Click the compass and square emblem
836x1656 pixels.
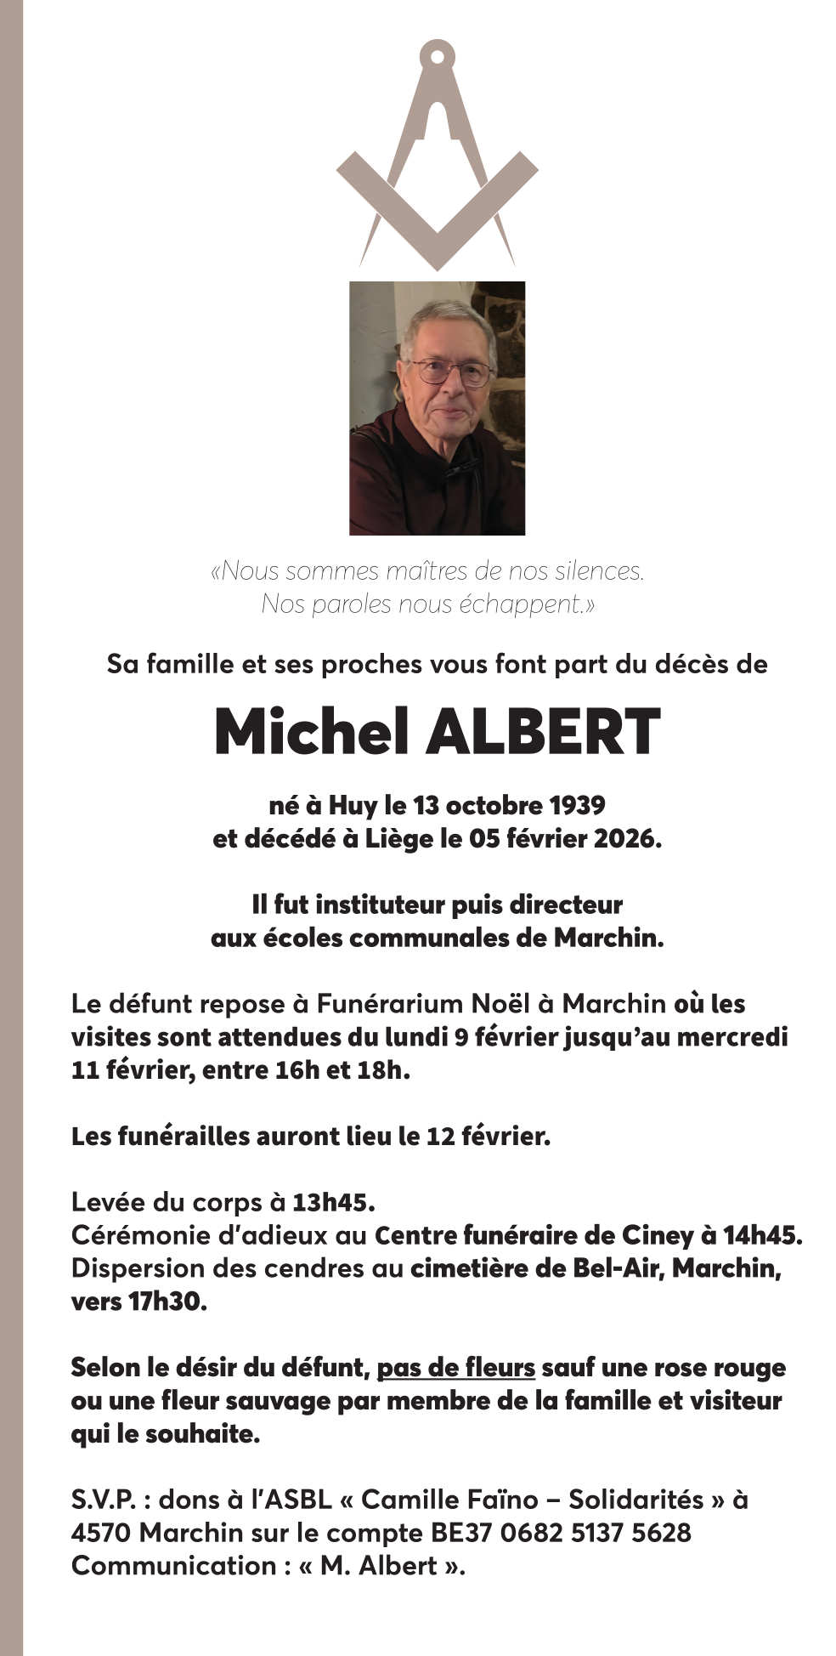[x=437, y=157]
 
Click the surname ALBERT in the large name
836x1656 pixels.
[x=544, y=732]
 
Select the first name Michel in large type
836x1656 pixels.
[x=312, y=732]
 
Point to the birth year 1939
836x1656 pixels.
[x=577, y=805]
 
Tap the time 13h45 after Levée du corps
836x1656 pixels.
[x=333, y=1202]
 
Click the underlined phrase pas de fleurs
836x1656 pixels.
[x=455, y=1368]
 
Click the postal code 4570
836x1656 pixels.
[x=101, y=1533]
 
